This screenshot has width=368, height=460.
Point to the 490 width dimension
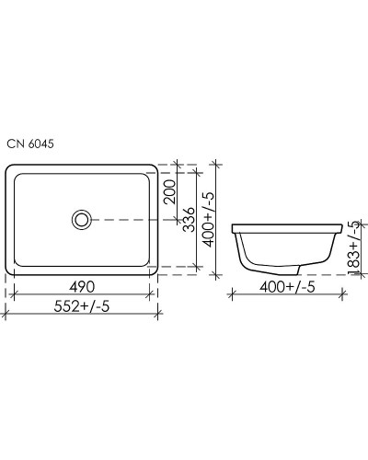(x=81, y=285)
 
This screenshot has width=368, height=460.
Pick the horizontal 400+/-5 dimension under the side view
(x=283, y=287)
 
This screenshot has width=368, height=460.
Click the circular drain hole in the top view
(x=82, y=219)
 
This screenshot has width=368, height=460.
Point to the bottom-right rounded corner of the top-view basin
(x=152, y=270)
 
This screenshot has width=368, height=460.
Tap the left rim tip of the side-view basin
(x=232, y=226)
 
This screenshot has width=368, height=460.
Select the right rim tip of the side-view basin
(x=337, y=226)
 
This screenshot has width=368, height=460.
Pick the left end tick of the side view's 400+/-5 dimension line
(x=232, y=295)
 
